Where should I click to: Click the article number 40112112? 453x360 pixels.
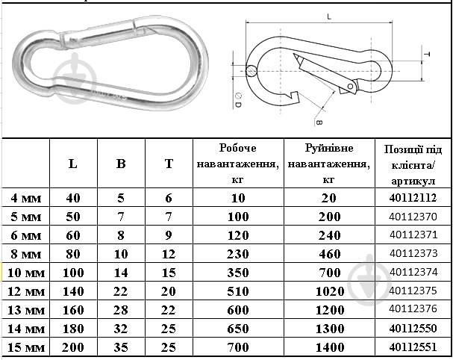(413, 198)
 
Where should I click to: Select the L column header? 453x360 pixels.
(73, 164)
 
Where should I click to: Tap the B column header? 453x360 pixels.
(121, 164)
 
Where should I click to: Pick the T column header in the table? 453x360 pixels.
(169, 164)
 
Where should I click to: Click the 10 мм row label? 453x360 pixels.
(26, 273)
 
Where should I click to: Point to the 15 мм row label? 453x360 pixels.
(26, 347)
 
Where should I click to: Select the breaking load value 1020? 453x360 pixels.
(330, 291)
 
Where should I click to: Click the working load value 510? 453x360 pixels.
(238, 291)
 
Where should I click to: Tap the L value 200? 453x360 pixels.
(73, 347)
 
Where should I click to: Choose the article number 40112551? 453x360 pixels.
(413, 347)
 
